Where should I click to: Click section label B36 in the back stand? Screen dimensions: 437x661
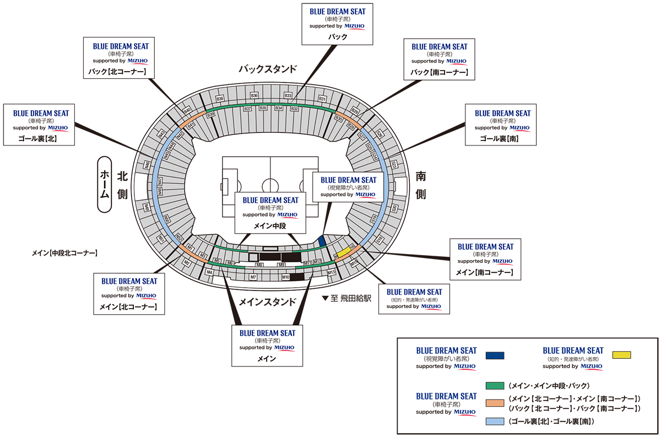click(254, 96)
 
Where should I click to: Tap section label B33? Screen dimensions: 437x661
click(288, 96)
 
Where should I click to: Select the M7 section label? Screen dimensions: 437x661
click(253, 277)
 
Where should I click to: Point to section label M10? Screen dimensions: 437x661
click(286, 277)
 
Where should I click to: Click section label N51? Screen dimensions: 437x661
click(161, 239)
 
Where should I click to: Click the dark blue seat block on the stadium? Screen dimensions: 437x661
click(322, 241)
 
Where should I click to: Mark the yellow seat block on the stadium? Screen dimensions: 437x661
click(344, 252)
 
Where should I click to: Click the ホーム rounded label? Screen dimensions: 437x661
click(104, 185)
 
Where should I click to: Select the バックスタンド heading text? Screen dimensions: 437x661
click(268, 69)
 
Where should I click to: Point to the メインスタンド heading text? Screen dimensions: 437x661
click(268, 302)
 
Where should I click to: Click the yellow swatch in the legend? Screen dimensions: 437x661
click(621, 355)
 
